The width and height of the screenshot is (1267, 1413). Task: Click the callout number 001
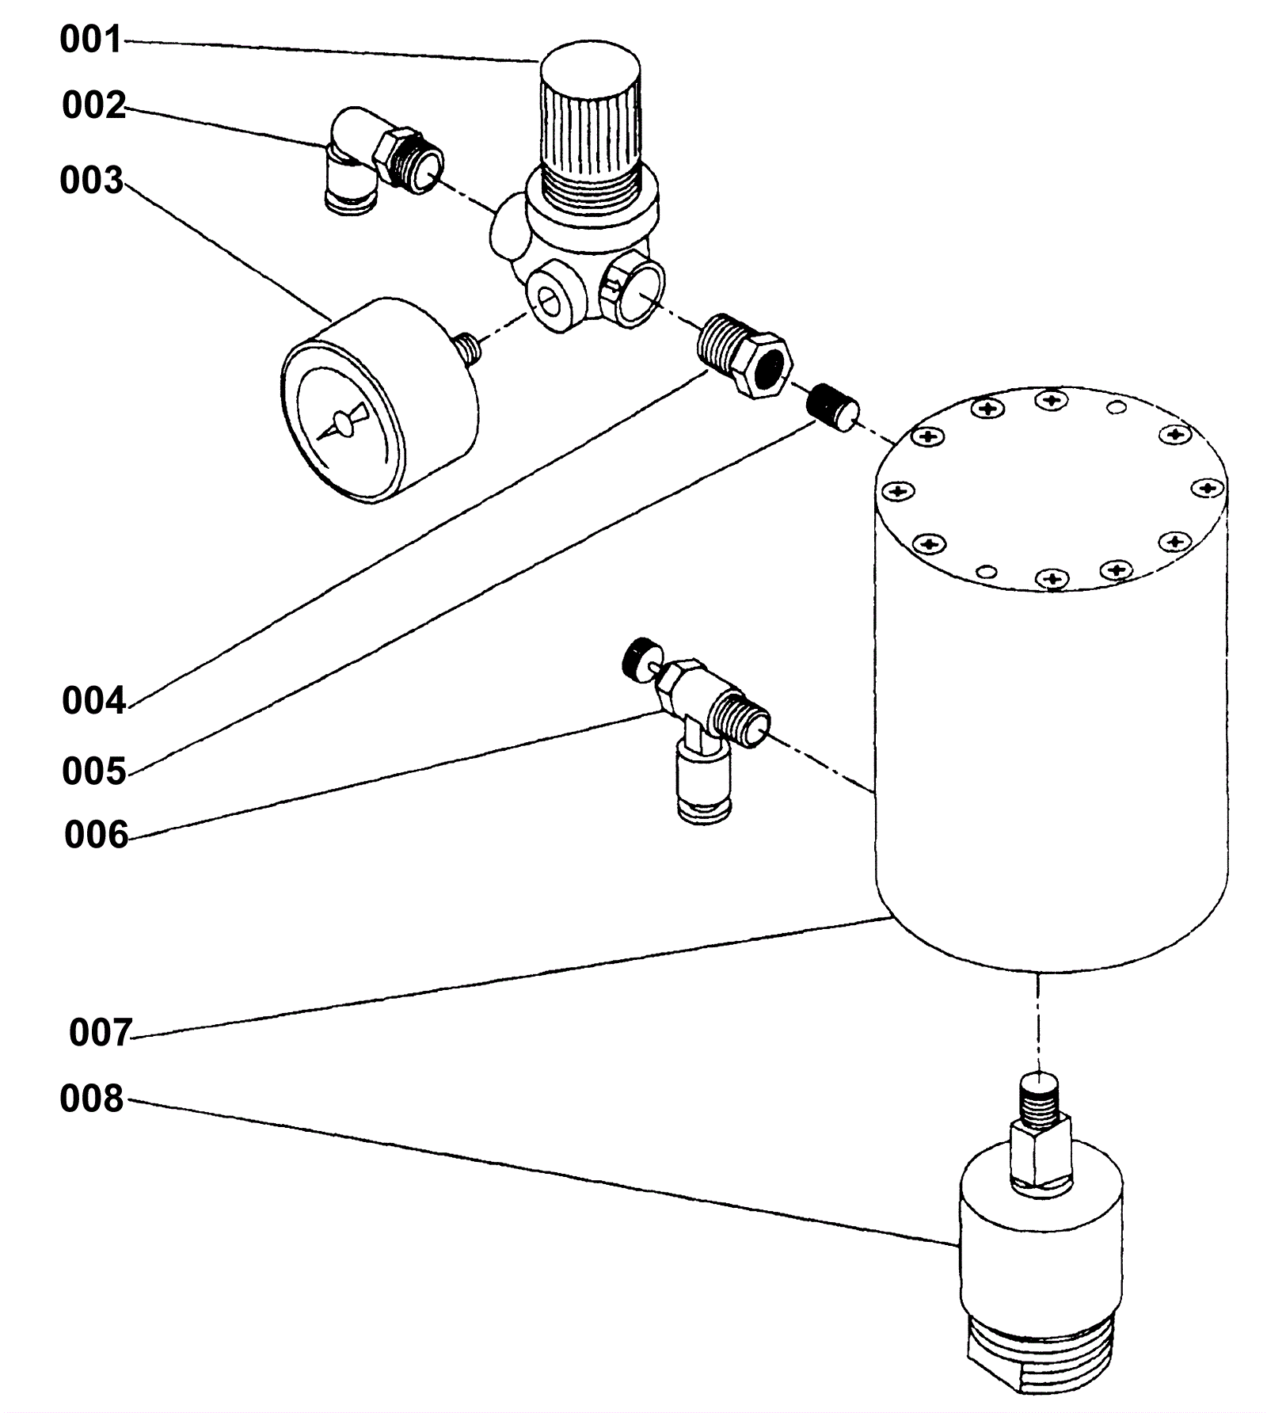91,40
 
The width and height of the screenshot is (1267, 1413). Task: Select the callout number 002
93,105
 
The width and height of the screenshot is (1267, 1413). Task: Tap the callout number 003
92,181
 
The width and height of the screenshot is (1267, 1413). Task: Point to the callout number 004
93,701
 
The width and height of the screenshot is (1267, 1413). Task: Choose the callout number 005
94,771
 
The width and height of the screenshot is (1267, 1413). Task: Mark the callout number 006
96,835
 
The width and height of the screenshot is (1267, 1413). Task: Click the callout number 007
100,1033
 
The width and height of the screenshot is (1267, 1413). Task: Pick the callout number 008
92,1099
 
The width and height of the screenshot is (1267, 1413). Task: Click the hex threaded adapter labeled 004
743,354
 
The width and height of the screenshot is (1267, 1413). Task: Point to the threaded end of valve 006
741,716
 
